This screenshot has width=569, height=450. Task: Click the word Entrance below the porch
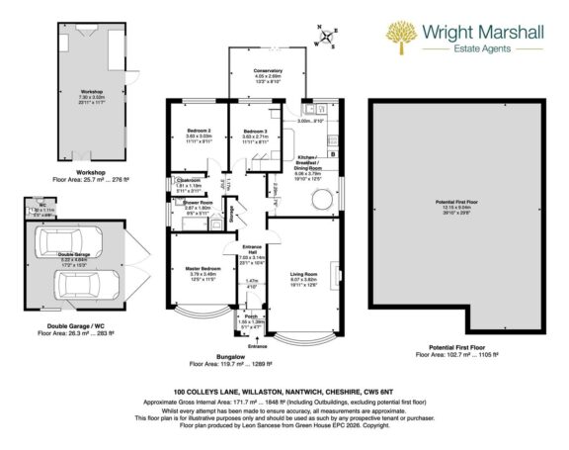257,347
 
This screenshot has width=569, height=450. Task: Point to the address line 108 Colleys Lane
284,391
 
